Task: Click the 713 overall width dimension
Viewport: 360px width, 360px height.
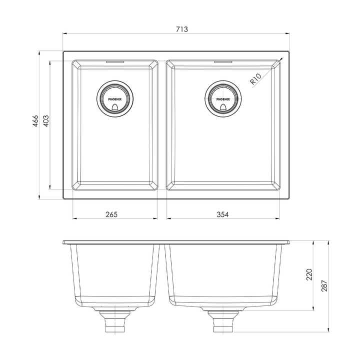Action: [x=182, y=29]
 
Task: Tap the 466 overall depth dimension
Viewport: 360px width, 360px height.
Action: [x=35, y=121]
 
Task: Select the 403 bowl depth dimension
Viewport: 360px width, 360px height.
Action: [x=46, y=121]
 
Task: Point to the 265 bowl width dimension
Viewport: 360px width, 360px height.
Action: [x=111, y=214]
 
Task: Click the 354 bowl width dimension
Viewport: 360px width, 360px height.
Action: [x=222, y=214]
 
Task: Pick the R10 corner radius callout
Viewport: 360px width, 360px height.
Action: [x=255, y=79]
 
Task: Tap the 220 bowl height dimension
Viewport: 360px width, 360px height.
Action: [x=309, y=274]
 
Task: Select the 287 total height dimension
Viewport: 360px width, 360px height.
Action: [x=324, y=286]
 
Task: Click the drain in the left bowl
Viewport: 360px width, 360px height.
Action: [x=115, y=99]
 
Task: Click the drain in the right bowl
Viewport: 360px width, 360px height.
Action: [x=223, y=99]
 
